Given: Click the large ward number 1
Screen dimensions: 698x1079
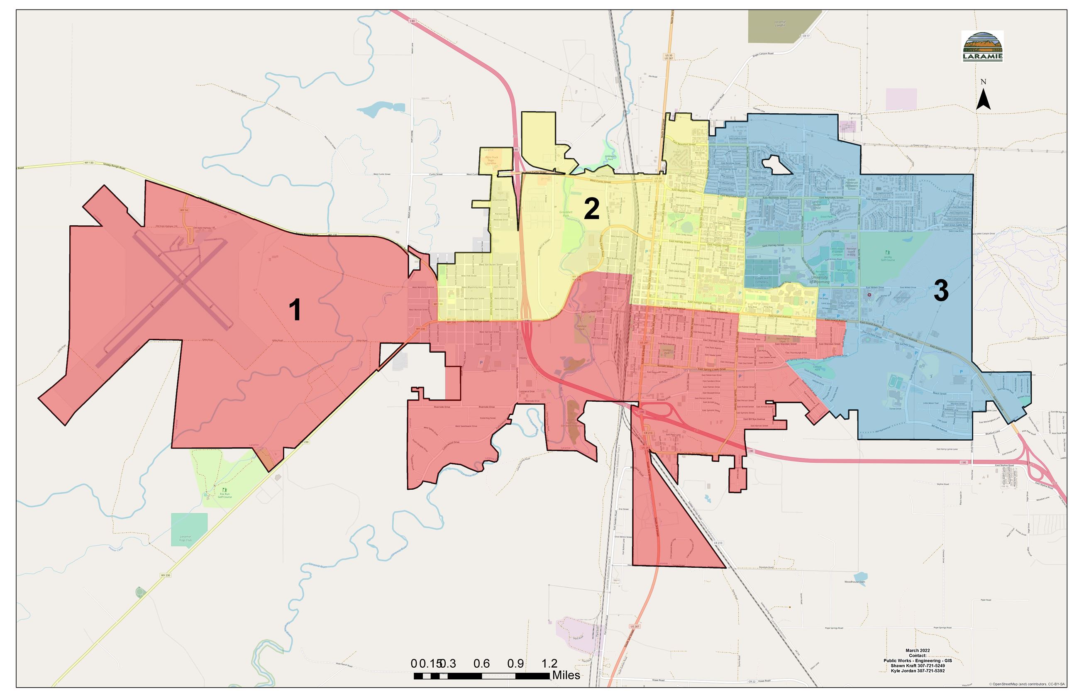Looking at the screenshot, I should point(295,310).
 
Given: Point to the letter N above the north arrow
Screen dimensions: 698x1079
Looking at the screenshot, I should point(983,82).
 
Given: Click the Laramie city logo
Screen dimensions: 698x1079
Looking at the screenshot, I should point(982,46).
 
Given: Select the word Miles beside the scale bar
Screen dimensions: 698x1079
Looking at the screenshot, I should point(566,675).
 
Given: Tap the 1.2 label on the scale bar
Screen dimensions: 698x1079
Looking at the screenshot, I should point(549,664).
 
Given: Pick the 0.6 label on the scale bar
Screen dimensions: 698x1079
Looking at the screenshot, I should point(481,664).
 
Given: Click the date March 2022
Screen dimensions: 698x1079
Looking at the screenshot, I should point(918,650).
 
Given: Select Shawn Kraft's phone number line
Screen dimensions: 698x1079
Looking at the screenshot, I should point(918,666).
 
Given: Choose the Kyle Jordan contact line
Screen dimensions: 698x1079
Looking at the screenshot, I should point(918,671).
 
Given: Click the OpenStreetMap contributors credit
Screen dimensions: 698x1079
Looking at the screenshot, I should point(1027,684).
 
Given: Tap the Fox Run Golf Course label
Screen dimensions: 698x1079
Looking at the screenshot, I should point(225,495).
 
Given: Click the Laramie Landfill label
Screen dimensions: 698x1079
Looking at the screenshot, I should point(779,24).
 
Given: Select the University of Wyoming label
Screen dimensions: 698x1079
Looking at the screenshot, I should point(819,279).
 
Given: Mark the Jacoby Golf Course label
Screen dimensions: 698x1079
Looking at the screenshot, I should point(888,259).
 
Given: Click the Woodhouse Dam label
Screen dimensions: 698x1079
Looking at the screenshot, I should point(854,582).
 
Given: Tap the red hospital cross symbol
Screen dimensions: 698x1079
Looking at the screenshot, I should point(869,295).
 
